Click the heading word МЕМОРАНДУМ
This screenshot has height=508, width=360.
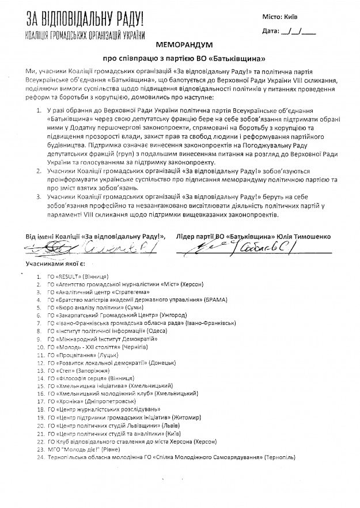click(179, 44)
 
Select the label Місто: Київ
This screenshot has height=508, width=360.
click(296, 17)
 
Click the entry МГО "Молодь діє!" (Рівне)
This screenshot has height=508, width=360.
click(86, 449)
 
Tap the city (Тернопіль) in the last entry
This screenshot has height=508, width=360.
click(279, 457)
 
